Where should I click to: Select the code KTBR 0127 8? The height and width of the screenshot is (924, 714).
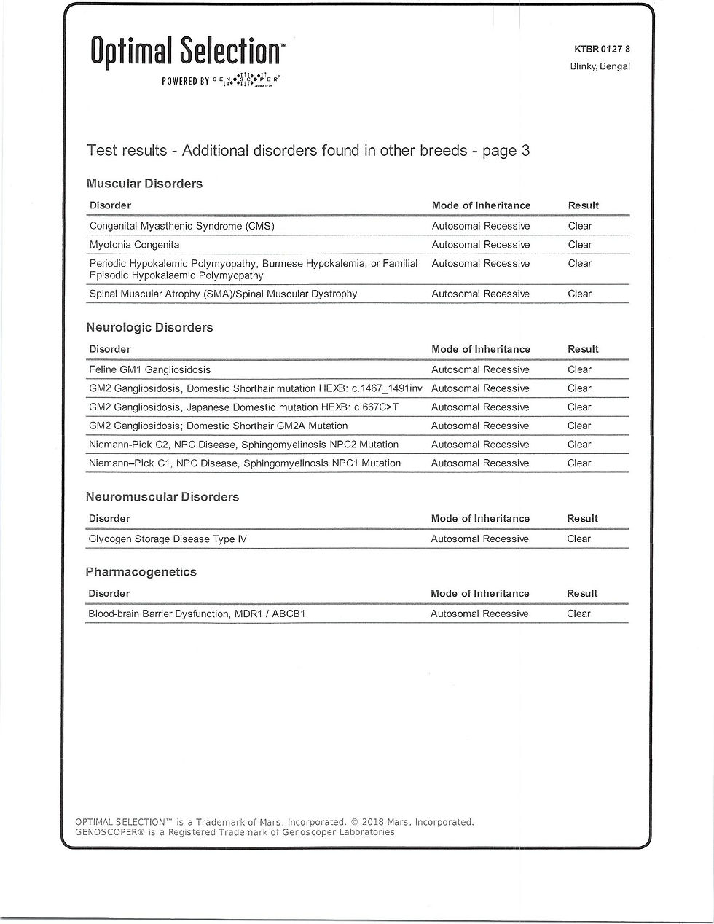pyautogui.click(x=602, y=50)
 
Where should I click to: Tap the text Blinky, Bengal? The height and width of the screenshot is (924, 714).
pyautogui.click(x=600, y=66)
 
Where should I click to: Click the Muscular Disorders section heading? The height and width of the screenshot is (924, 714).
pyautogui.click(x=144, y=184)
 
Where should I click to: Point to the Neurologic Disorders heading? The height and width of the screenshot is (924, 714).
pyautogui.click(x=149, y=327)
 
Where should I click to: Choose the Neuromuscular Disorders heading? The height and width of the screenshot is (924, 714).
pyautogui.click(x=162, y=496)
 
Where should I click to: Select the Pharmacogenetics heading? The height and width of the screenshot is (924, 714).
pyautogui.click(x=141, y=572)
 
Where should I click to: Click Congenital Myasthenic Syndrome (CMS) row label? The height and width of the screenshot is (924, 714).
pyautogui.click(x=181, y=226)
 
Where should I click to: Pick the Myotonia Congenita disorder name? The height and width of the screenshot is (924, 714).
pyautogui.click(x=134, y=245)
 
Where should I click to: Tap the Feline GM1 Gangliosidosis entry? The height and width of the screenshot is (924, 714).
pyautogui.click(x=149, y=369)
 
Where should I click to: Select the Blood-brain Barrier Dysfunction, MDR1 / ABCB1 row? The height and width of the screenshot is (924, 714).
pyautogui.click(x=196, y=614)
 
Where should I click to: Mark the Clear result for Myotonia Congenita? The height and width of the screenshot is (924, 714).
pyautogui.click(x=580, y=245)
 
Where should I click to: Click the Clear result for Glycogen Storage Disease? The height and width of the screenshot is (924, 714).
pyautogui.click(x=578, y=539)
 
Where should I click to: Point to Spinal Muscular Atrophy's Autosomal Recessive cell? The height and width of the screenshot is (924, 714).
pyautogui.click(x=480, y=294)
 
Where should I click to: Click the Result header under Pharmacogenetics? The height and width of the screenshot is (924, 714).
pyautogui.click(x=582, y=593)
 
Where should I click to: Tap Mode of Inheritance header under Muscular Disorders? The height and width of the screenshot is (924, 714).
pyautogui.click(x=481, y=205)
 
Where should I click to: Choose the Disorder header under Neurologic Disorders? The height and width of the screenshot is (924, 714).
pyautogui.click(x=109, y=349)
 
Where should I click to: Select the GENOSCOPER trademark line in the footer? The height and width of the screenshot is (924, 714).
pyautogui.click(x=235, y=832)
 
